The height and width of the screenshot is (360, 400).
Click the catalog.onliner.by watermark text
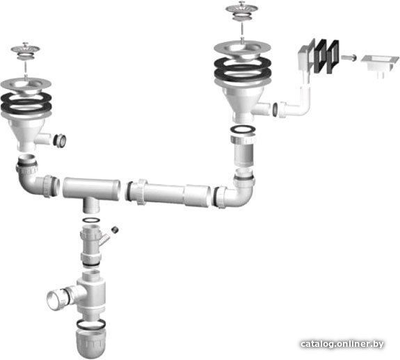[x=342, y=344]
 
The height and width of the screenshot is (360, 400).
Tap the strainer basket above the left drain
[x=25, y=49]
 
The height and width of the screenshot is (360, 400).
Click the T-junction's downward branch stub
[x=91, y=206]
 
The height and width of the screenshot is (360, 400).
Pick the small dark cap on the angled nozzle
[x=115, y=230]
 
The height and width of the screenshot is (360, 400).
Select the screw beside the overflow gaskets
[x=349, y=58]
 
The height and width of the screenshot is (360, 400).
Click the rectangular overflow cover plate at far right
[x=380, y=64]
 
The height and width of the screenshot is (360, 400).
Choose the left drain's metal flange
[x=26, y=87]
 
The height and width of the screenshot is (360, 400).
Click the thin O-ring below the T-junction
[x=91, y=220]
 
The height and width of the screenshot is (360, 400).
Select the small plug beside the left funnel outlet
[x=61, y=140]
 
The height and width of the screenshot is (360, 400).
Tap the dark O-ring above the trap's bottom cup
[x=91, y=324]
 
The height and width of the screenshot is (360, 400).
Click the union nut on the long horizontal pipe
[x=142, y=192]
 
